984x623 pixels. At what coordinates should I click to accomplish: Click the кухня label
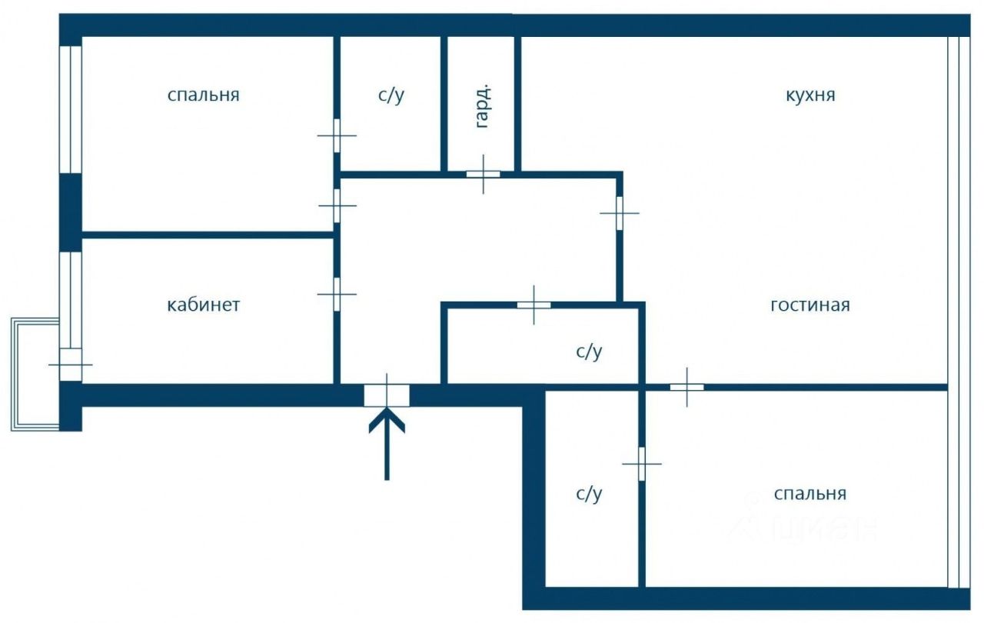click(810, 95)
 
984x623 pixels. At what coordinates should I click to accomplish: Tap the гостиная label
click(810, 305)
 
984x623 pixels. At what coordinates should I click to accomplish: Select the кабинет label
click(204, 305)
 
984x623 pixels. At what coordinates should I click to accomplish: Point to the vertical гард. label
click(483, 105)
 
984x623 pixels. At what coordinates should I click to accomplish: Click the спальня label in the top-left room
click(204, 95)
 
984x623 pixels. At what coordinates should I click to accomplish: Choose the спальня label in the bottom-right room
click(810, 493)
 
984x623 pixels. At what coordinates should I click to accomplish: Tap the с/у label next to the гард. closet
click(391, 95)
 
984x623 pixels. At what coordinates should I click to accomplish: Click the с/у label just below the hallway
click(589, 351)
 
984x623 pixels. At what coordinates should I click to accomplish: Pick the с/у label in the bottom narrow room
click(589, 493)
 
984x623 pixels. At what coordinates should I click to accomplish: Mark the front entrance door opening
click(387, 395)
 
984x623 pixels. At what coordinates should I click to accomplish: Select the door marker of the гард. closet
click(483, 175)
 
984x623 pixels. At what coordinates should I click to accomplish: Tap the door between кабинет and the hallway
click(337, 293)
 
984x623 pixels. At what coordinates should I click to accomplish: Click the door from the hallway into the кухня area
click(619, 213)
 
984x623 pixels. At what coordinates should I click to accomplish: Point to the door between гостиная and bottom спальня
click(686, 387)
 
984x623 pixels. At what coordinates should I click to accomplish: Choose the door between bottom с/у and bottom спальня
click(641, 464)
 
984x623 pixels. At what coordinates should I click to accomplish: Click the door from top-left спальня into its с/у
click(337, 135)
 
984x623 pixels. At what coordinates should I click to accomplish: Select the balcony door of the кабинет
click(70, 364)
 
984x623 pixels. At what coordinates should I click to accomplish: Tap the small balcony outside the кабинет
click(35, 373)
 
